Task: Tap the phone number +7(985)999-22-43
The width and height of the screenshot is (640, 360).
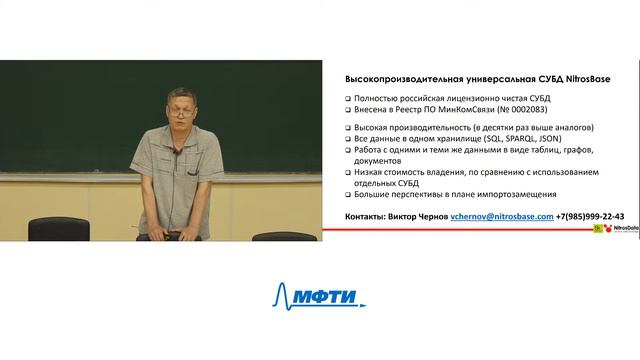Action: tap(591, 215)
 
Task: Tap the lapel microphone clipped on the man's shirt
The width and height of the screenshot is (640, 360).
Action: tap(176, 150)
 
